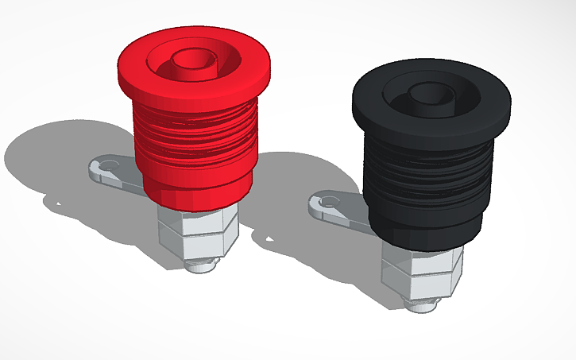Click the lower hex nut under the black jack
point(421,281)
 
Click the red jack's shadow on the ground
point(56,155)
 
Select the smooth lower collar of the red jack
point(195,187)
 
